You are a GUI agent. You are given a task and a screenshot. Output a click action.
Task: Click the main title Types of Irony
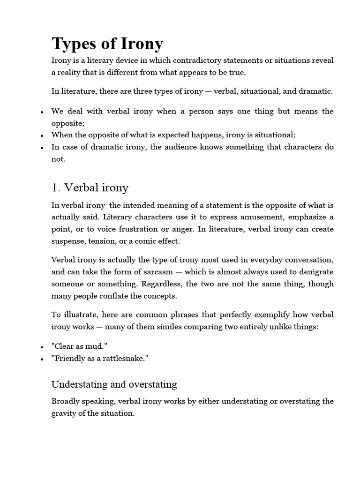pos(107,44)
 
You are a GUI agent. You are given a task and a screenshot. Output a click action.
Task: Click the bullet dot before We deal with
pos(42,112)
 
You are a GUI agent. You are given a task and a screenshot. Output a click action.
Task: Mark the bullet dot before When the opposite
pos(42,135)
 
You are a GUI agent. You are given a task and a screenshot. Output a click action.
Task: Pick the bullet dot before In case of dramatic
pos(42,147)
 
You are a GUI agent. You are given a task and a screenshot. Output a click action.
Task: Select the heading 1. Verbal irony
pos(90,188)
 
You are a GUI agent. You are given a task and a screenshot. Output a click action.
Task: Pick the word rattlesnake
pos(128,359)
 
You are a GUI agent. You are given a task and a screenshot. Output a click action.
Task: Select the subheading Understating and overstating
pos(114,385)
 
